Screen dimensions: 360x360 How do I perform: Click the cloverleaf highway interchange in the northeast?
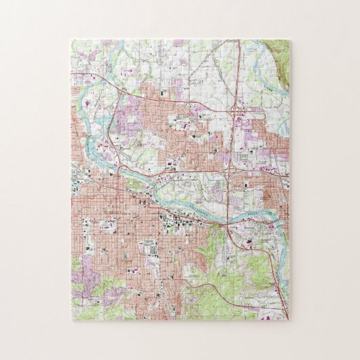[238, 108]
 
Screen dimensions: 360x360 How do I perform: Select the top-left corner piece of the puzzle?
[77, 47]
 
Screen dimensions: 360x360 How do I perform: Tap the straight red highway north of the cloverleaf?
[234, 75]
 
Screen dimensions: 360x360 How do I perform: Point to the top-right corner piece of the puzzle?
[283, 47]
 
